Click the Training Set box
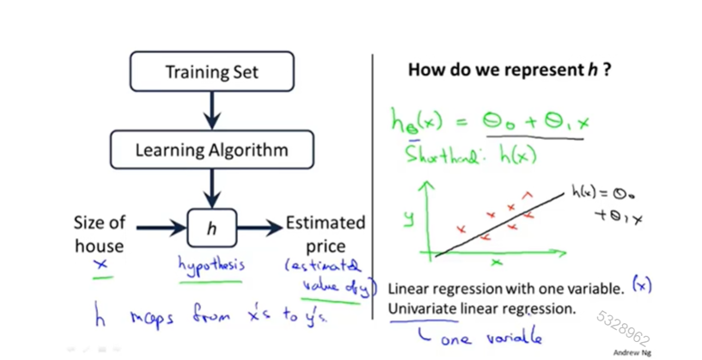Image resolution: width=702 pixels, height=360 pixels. click(x=211, y=72)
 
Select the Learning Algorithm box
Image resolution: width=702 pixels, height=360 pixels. click(x=211, y=150)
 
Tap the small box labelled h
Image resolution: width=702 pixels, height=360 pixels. click(x=211, y=228)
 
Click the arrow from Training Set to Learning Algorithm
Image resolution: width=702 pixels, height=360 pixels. click(x=211, y=111)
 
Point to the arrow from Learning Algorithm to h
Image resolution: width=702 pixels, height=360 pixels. click(x=211, y=189)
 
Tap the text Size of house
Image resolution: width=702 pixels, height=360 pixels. click(x=100, y=234)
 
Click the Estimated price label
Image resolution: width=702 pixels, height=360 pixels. click(x=325, y=234)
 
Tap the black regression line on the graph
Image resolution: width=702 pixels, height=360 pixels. click(x=498, y=224)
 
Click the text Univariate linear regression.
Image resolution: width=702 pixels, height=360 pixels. click(x=482, y=308)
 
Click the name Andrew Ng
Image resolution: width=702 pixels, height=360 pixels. click(x=632, y=352)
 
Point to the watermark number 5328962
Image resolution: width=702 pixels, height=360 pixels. click(x=623, y=326)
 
